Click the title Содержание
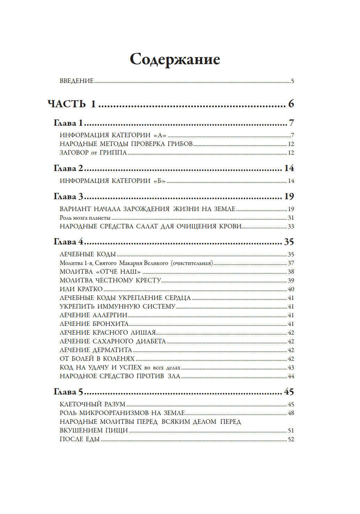pyautogui.click(x=175, y=59)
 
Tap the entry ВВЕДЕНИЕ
pyautogui.click(x=77, y=81)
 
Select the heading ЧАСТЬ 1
pyautogui.click(x=72, y=104)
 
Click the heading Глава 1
pyautogui.click(x=68, y=123)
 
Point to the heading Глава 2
pyautogui.click(x=68, y=168)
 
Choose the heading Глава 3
pyautogui.click(x=68, y=196)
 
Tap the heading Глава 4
pyautogui.click(x=68, y=242)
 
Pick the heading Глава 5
pyautogui.click(x=68, y=392)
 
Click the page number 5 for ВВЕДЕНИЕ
pyautogui.click(x=292, y=81)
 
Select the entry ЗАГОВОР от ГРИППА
pyautogui.click(x=93, y=153)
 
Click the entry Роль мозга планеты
pyautogui.click(x=85, y=218)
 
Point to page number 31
pyautogui.click(x=291, y=218)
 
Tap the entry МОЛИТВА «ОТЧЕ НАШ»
pyautogui.click(x=100, y=272)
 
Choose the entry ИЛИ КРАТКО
pyautogui.click(x=81, y=289)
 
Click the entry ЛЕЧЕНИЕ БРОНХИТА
pyautogui.click(x=94, y=324)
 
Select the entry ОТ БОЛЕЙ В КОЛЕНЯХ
pyautogui.click(x=97, y=359)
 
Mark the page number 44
pyautogui.click(x=291, y=376)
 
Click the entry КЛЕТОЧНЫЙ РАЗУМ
pyautogui.click(x=93, y=404)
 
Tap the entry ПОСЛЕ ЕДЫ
pyautogui.click(x=80, y=439)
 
